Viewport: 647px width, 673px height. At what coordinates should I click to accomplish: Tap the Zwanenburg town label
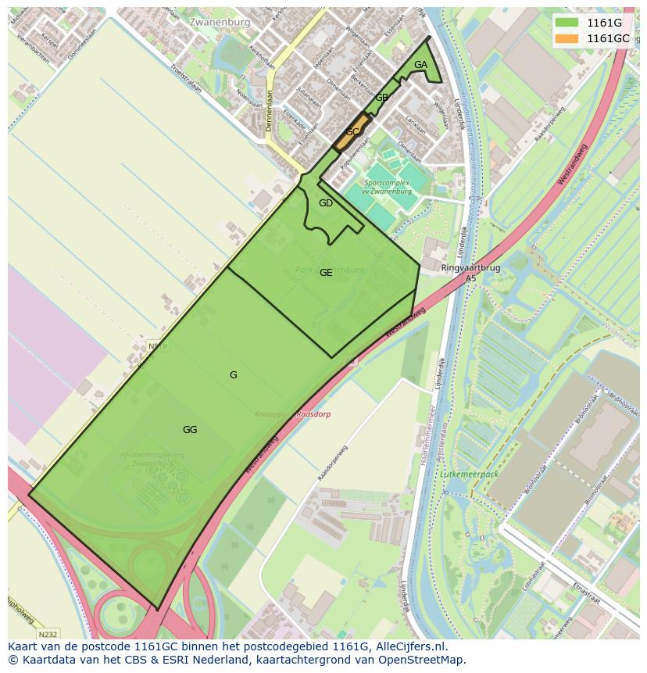[220, 23]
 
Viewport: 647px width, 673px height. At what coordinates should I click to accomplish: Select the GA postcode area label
[420, 65]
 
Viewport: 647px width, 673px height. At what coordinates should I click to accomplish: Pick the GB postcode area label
[381, 98]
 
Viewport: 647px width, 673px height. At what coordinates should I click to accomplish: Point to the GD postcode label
[326, 203]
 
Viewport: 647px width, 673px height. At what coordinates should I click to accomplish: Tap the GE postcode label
[326, 273]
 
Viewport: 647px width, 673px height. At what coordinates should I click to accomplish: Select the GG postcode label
[190, 429]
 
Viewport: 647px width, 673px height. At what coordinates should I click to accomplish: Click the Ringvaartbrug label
[470, 267]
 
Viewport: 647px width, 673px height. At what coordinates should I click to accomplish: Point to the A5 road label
[470, 278]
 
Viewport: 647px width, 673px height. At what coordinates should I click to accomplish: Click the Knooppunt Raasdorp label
[292, 413]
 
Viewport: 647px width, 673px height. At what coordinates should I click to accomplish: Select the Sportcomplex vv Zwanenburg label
[388, 187]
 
